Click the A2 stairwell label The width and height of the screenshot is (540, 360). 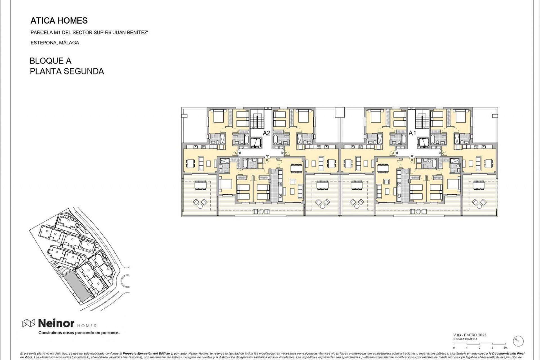(266, 133)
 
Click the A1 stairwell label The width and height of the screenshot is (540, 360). (412, 133)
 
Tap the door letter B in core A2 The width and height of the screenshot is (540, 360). (267, 160)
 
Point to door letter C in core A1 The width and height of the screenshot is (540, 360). (443, 153)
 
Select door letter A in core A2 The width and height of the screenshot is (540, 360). (236, 153)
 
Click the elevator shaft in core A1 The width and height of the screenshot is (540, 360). (422, 143)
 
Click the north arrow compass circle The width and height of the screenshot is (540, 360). (518, 341)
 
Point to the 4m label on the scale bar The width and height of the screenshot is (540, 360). (505, 348)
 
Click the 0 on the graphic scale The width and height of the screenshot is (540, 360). (454, 348)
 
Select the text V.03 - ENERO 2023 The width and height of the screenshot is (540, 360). (470, 335)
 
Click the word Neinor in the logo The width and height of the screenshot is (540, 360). (56, 323)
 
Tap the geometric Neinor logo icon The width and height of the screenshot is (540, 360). (28, 323)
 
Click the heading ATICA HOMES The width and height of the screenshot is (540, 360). (59, 21)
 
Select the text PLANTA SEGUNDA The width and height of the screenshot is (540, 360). (67, 71)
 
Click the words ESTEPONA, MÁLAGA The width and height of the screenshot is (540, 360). (55, 43)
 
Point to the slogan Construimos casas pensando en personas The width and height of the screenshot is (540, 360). (79, 333)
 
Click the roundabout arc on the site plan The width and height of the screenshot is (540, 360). (126, 281)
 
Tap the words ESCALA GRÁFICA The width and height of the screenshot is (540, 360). (465, 339)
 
